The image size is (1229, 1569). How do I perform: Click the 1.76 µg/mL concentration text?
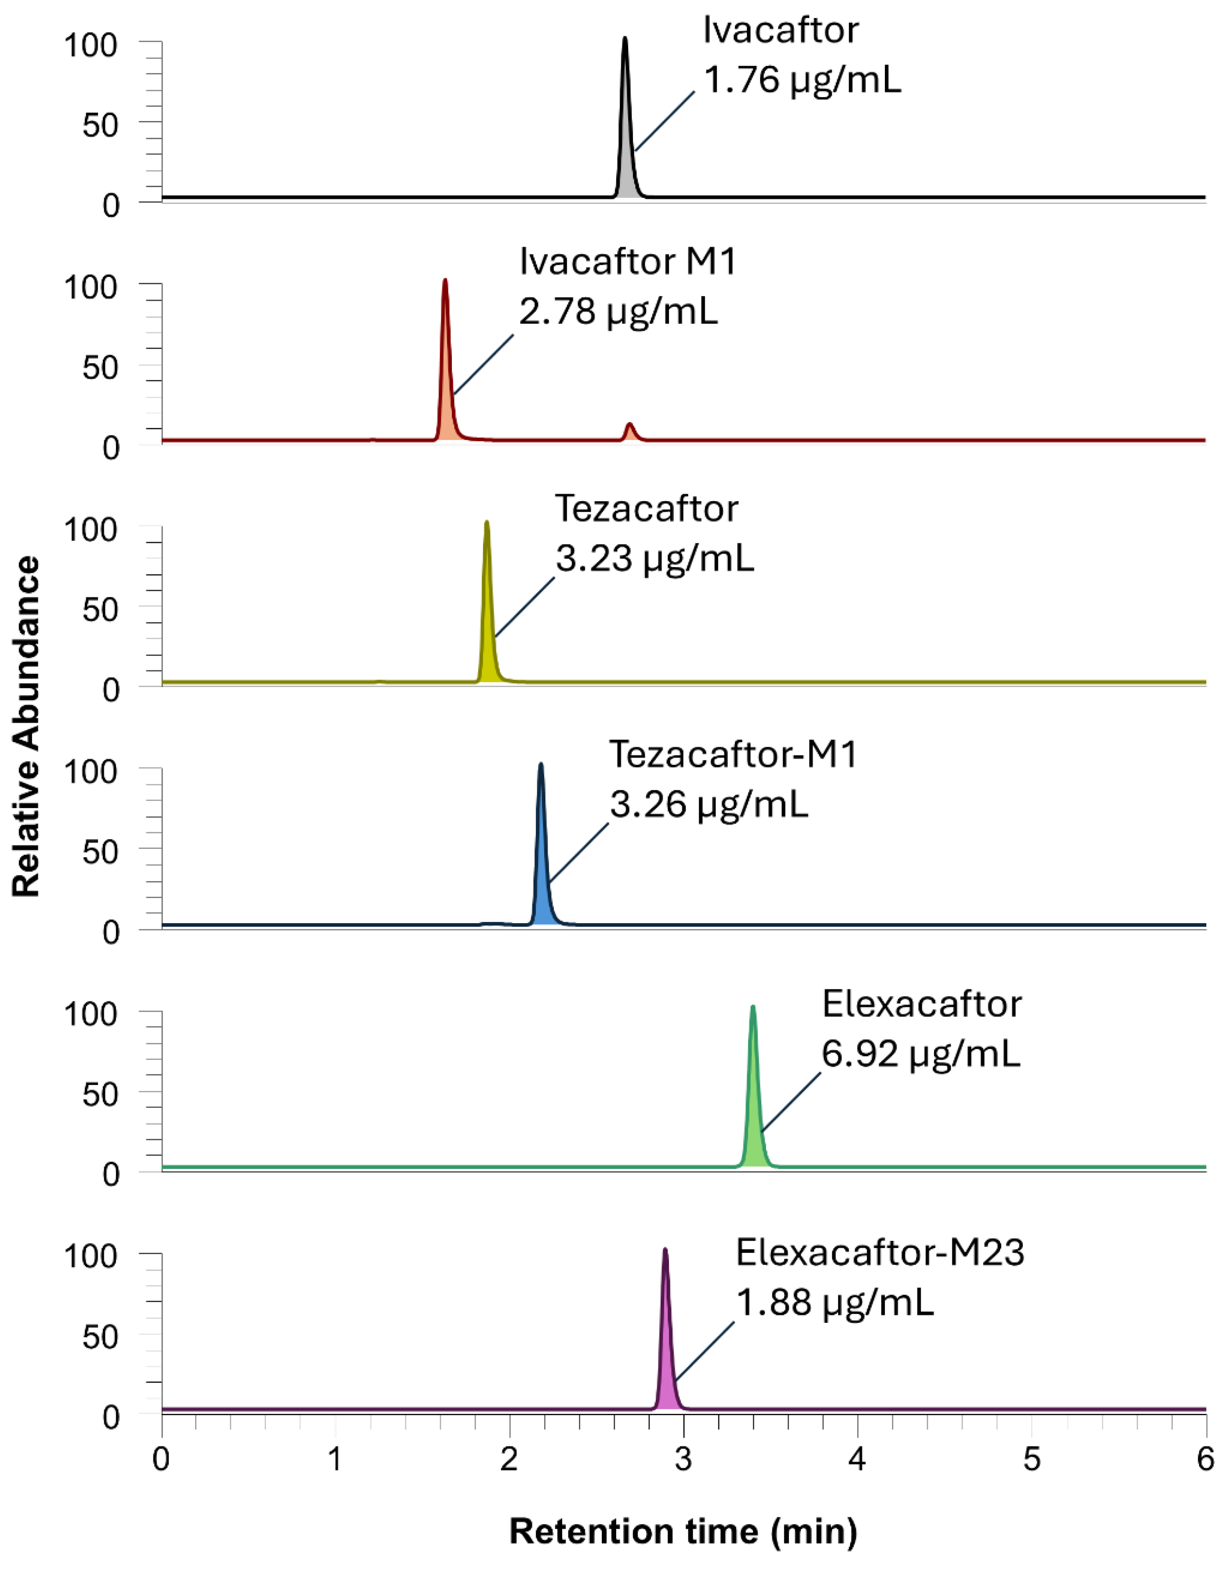[x=802, y=80]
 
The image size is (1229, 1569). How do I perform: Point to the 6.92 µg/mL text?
[x=920, y=1054]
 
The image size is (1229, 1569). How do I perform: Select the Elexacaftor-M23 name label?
[x=879, y=1253]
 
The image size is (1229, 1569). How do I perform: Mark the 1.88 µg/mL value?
[x=835, y=1303]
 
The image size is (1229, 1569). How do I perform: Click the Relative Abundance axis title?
[x=27, y=727]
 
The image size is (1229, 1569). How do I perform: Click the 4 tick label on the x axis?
[x=857, y=1460]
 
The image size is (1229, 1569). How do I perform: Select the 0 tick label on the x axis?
[x=162, y=1460]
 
